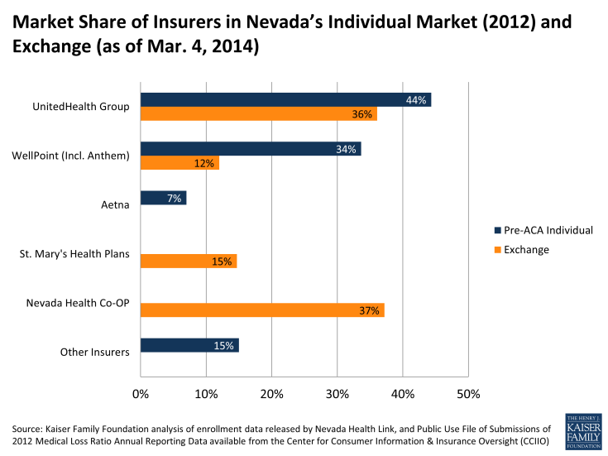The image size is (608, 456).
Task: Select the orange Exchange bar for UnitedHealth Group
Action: click(x=258, y=114)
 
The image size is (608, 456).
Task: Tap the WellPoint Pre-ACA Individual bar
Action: click(x=250, y=149)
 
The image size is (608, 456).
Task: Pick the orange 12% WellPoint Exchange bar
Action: click(x=180, y=163)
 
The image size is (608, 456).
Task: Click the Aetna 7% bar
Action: click(x=163, y=198)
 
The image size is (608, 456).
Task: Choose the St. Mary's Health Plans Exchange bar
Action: click(x=189, y=262)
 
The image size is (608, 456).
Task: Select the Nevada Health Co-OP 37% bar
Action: click(x=262, y=310)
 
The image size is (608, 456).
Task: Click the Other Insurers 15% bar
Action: click(x=189, y=345)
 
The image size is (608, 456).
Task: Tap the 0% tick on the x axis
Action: click(x=141, y=393)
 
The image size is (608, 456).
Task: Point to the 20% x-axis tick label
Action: click(x=271, y=393)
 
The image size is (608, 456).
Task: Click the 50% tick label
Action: click(x=468, y=393)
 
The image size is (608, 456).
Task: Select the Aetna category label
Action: click(x=115, y=204)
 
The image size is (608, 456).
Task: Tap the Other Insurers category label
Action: click(x=95, y=352)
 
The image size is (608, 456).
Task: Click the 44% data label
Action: click(x=416, y=100)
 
